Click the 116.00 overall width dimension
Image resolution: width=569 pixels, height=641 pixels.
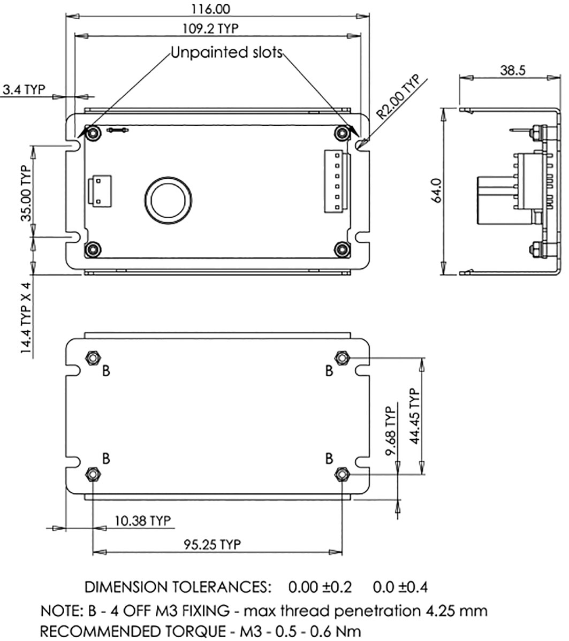pyautogui.click(x=211, y=9)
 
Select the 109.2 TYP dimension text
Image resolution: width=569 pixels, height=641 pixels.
pyautogui.click(x=210, y=28)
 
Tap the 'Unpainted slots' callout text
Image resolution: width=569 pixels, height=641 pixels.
pyautogui.click(x=226, y=52)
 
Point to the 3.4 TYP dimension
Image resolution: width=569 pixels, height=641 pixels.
pyautogui.click(x=24, y=89)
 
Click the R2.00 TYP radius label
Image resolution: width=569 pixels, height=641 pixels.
pyautogui.click(x=398, y=97)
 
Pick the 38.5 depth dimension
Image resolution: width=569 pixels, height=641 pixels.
pyautogui.click(x=513, y=70)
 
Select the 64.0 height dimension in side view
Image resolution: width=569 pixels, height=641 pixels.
pyautogui.click(x=436, y=190)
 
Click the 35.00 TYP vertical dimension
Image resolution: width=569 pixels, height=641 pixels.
pyautogui.click(x=26, y=193)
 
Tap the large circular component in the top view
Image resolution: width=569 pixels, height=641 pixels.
pyautogui.click(x=169, y=200)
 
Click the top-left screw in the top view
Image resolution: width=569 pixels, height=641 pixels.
pyautogui.click(x=94, y=133)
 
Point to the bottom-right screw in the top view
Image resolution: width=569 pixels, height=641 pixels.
pyautogui.click(x=342, y=249)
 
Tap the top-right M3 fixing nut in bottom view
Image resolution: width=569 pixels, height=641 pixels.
pyautogui.click(x=342, y=358)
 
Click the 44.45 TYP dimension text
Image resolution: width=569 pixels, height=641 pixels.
pyautogui.click(x=415, y=416)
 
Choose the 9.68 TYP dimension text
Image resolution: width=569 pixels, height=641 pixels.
pyautogui.click(x=391, y=431)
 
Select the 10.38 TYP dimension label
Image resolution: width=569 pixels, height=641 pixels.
pyautogui.click(x=143, y=521)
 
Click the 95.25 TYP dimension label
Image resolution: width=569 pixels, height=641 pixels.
pyautogui.click(x=213, y=544)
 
